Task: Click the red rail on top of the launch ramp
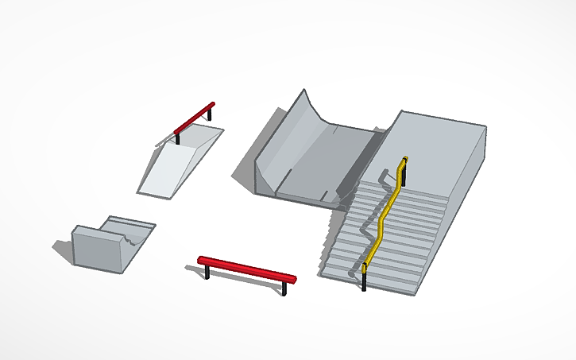195,118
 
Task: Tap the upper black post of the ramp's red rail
211,114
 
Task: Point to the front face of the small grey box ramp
97,248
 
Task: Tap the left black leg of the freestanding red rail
207,273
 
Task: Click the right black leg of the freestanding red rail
285,288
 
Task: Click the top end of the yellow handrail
404,160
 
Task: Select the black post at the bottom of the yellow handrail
364,281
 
